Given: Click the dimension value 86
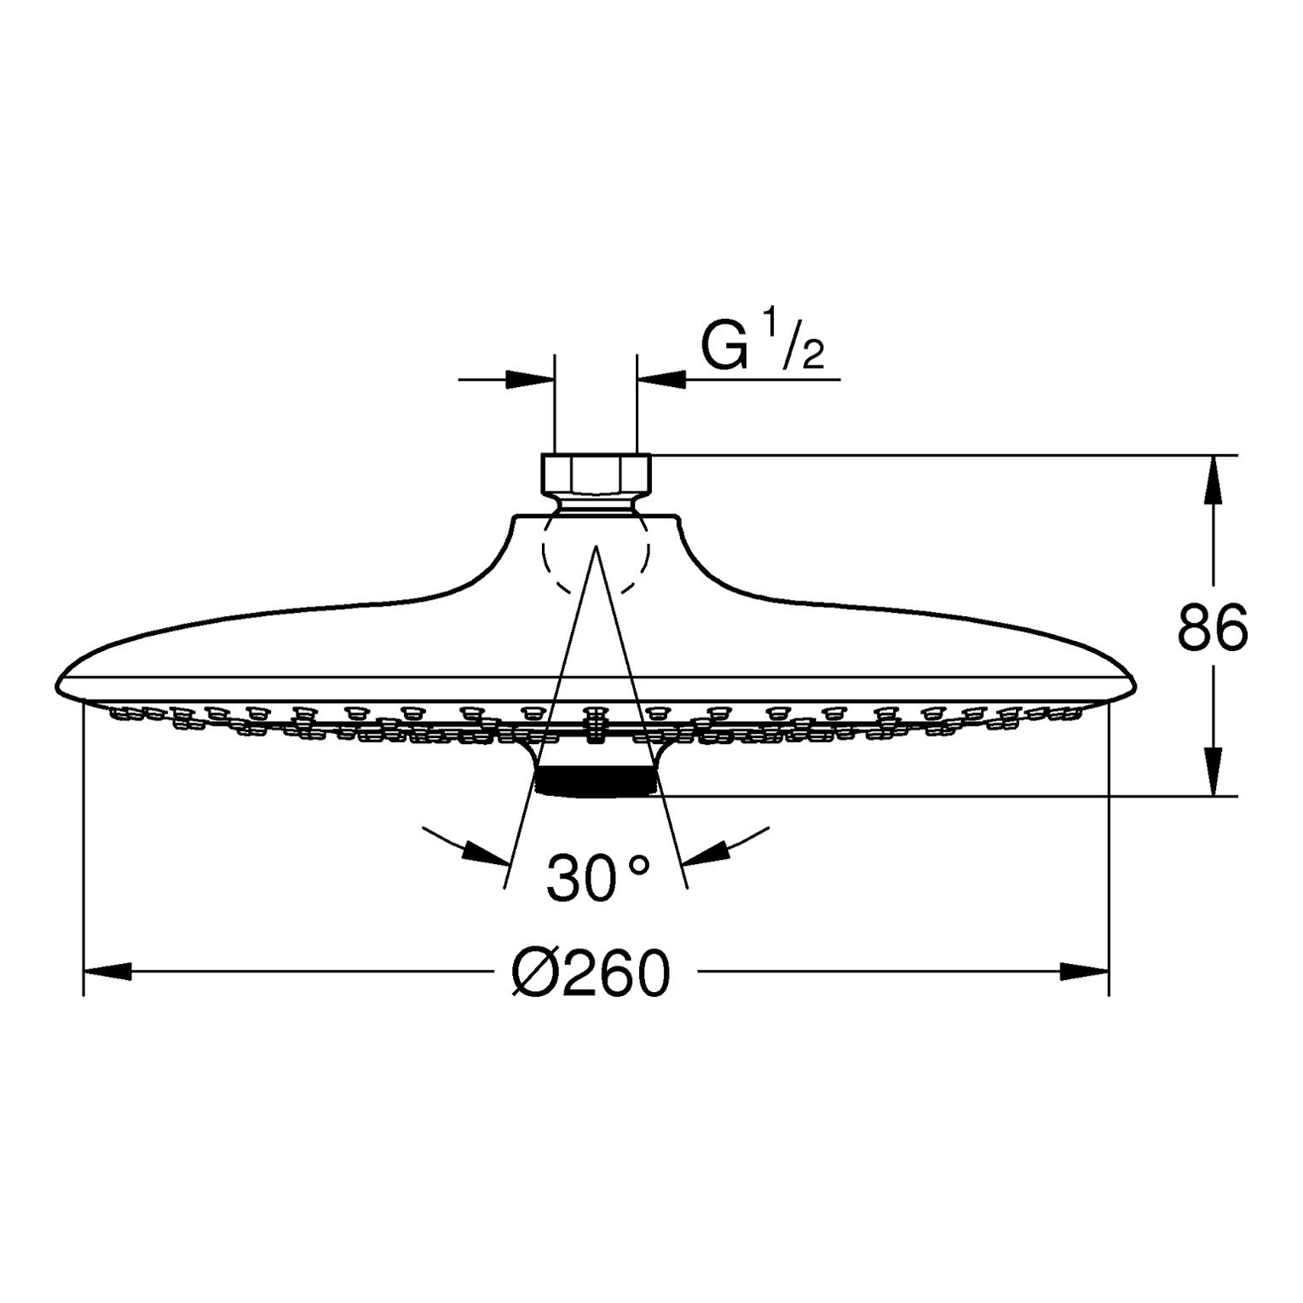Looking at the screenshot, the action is pyautogui.click(x=1212, y=628).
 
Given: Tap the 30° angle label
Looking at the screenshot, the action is pyautogui.click(x=598, y=878).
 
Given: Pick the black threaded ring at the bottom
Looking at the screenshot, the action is pyautogui.click(x=596, y=781).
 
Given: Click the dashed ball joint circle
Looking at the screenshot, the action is pyautogui.click(x=596, y=554).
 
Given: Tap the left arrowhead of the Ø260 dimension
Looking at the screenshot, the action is pyautogui.click(x=107, y=971).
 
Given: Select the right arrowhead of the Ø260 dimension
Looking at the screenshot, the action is pyautogui.click(x=1085, y=971).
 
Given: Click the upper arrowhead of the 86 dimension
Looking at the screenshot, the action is pyautogui.click(x=1214, y=480).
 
